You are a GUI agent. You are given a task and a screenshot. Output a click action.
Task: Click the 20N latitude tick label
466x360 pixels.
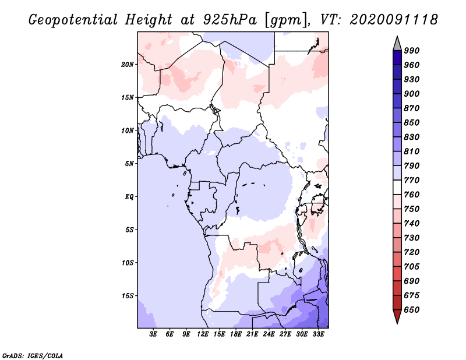pyautogui.click(x=128, y=64)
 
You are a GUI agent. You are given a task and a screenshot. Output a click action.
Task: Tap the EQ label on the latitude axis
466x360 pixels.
pyautogui.click(x=129, y=196)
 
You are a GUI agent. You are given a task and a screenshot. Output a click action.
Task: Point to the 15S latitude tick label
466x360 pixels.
pyautogui.click(x=128, y=295)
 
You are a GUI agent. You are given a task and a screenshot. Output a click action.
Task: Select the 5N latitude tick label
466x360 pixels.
pyautogui.click(x=129, y=164)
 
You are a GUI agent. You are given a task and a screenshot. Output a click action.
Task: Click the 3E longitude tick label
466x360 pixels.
pyautogui.click(x=154, y=334)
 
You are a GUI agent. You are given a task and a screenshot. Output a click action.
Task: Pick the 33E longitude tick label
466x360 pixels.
pyautogui.click(x=319, y=334)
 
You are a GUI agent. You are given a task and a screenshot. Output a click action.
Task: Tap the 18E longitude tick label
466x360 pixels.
pyautogui.click(x=236, y=334)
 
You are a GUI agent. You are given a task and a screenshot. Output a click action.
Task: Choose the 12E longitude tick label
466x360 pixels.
pyautogui.click(x=203, y=334)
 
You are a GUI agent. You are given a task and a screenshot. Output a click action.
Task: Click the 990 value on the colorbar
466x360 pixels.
pyautogui.click(x=412, y=51)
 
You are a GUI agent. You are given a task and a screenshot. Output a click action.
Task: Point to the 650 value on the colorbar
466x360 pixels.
pyautogui.click(x=412, y=310)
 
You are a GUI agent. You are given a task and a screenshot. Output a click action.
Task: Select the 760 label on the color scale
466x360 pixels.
pyautogui.click(x=412, y=195)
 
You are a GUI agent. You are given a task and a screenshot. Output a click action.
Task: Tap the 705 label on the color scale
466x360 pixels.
pyautogui.click(x=412, y=267)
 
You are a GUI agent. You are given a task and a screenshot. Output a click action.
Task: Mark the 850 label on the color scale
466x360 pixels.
pyautogui.click(x=412, y=123)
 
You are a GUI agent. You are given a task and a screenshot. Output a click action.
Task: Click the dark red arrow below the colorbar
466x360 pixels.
pyautogui.click(x=397, y=317)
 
